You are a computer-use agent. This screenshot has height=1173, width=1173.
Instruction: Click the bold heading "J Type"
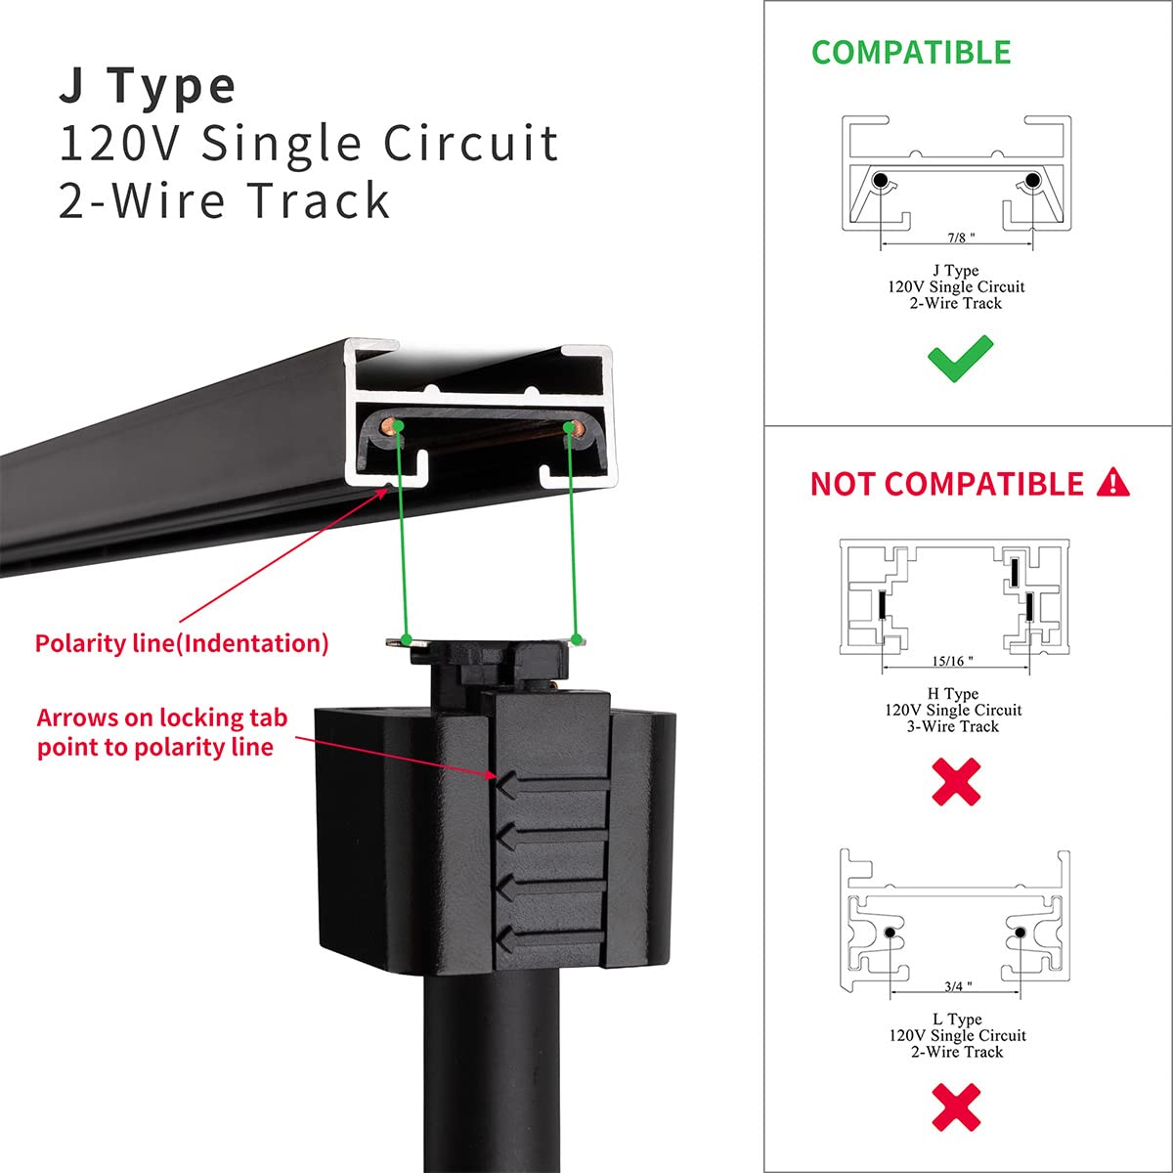point(148,86)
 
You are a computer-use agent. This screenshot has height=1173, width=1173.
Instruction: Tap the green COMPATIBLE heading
point(910,53)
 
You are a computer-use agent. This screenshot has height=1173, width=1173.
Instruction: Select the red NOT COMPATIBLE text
point(946,484)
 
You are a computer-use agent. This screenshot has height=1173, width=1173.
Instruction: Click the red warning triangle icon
point(1113,482)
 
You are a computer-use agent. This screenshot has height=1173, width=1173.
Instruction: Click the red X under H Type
point(955,782)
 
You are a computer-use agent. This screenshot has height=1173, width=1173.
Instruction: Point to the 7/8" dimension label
point(960,238)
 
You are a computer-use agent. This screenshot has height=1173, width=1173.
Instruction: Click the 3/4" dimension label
point(957,986)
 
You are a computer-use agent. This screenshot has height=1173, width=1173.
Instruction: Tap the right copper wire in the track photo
point(572,427)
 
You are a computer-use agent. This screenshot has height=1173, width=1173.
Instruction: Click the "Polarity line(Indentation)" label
point(182,643)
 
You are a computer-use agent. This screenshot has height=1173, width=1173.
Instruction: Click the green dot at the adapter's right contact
point(577,640)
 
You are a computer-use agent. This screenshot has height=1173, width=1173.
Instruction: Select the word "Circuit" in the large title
point(470,143)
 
